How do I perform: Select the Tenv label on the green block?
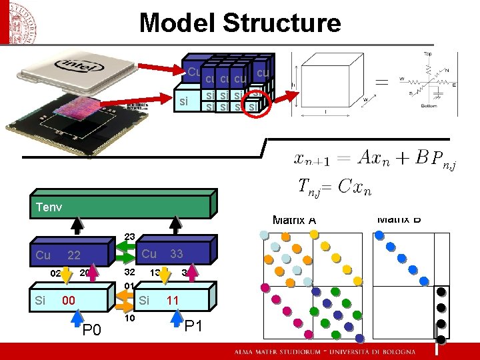[49, 207]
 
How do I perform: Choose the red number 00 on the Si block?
[68, 301]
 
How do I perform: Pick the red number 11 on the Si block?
[173, 301]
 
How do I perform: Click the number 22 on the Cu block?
[74, 255]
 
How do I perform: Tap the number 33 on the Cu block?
[177, 254]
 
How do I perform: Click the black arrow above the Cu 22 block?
[79, 227]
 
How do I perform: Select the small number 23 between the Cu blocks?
[129, 236]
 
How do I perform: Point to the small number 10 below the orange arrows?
[129, 318]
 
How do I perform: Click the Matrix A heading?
[294, 220]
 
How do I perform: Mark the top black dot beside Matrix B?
[441, 293]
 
